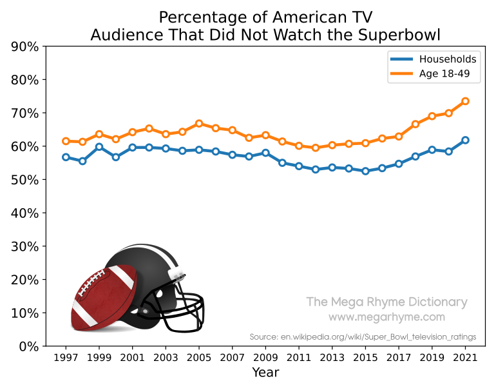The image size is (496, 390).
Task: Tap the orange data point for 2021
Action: [x=465, y=101]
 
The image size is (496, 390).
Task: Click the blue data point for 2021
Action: [x=465, y=140]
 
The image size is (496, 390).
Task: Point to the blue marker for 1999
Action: [x=99, y=147]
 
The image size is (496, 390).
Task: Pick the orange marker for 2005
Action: [x=199, y=123]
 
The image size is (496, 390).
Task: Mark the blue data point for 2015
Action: [x=365, y=171]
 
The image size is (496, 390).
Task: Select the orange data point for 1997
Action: [x=66, y=141]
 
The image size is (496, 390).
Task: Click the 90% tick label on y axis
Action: [x=24, y=46]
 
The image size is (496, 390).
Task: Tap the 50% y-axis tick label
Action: [x=24, y=180]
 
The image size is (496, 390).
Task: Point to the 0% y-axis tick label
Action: [x=28, y=346]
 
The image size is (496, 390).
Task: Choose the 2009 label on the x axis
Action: [x=265, y=357]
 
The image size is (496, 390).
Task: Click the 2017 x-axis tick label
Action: [x=399, y=357]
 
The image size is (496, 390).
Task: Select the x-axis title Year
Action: [x=265, y=373]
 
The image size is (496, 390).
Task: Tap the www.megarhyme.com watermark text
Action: [x=386, y=317]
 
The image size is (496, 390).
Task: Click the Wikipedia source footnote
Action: [x=363, y=336]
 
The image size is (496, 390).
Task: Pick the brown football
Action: [x=103, y=298]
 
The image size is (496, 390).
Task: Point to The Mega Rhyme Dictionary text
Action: [x=386, y=302]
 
